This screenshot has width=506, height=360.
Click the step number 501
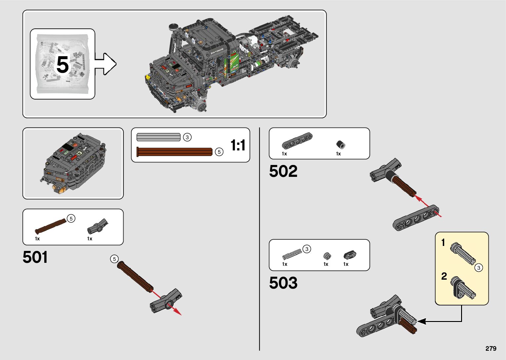click(x=35, y=257)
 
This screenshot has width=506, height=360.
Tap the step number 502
click(x=283, y=171)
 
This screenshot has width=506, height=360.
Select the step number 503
click(x=283, y=283)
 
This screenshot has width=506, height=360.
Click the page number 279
click(x=491, y=348)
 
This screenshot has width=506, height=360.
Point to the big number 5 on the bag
click(x=62, y=65)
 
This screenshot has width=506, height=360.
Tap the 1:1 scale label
click(x=238, y=145)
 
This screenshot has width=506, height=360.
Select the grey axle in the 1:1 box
click(x=158, y=137)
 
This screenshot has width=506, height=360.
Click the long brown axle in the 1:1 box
click(x=175, y=152)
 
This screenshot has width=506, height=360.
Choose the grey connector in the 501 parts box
click(x=97, y=226)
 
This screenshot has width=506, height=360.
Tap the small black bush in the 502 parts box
click(x=340, y=144)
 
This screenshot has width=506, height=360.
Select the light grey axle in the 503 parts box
click(x=292, y=254)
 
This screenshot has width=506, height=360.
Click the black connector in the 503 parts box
click(x=350, y=255)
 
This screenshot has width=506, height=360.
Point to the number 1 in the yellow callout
click(x=443, y=243)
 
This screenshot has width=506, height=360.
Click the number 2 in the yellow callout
click(x=444, y=276)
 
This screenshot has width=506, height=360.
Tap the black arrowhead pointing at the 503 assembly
click(x=421, y=321)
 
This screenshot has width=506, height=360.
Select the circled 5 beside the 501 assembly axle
click(x=114, y=259)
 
